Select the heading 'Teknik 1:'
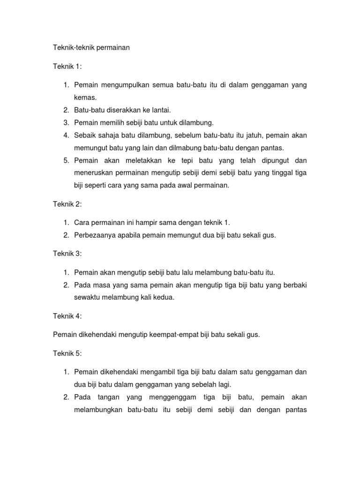(x=67, y=67)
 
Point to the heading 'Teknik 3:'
(x=67, y=254)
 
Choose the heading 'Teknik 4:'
(x=67, y=316)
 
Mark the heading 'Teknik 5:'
(x=67, y=353)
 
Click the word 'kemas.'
(x=85, y=97)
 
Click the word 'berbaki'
(x=294, y=285)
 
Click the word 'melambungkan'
(x=97, y=409)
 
